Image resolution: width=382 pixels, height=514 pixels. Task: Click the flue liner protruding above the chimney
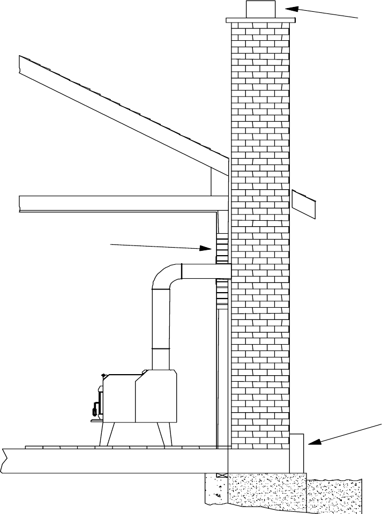[260, 9]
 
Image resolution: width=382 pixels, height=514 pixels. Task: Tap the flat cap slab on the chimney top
[260, 20]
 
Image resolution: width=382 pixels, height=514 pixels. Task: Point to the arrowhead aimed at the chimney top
[290, 8]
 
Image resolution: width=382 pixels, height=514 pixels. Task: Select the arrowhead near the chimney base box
[312, 442]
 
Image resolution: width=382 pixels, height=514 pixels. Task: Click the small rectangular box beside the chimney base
[297, 453]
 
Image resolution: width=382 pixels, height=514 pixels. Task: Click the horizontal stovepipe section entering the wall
[206, 271]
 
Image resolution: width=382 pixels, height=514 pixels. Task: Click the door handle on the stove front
[96, 408]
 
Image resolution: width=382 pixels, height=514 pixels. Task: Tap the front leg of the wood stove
[105, 434]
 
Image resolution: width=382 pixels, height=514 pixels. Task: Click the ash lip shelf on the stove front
[96, 421]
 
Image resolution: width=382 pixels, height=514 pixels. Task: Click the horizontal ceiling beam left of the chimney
[118, 203]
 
